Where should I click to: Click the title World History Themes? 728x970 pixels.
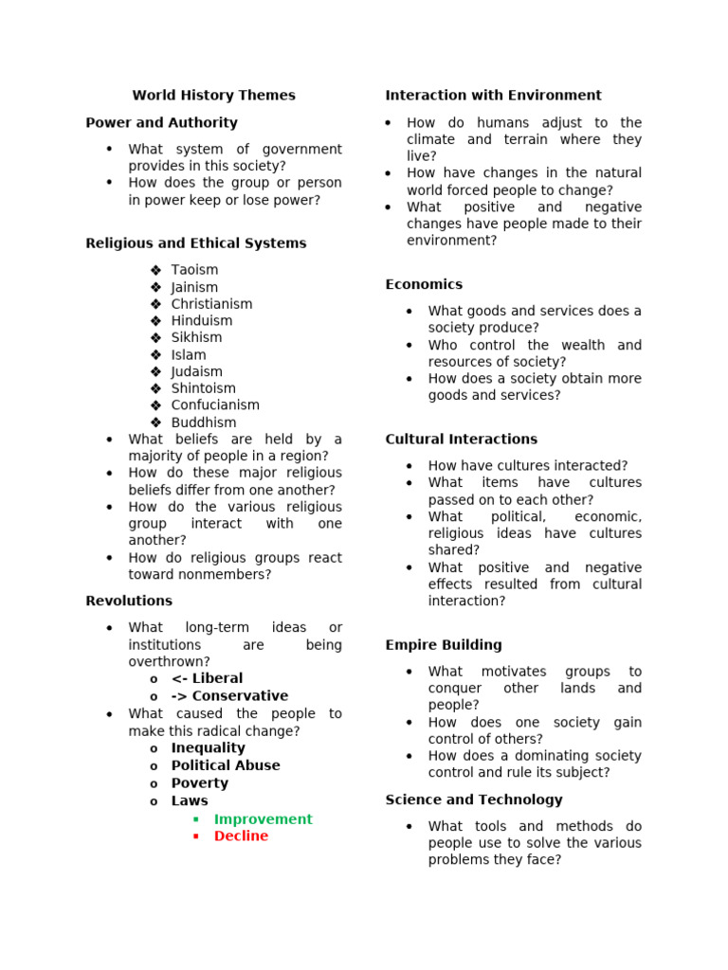point(213,96)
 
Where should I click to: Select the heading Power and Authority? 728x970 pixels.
point(161,123)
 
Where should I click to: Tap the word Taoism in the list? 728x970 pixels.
point(194,270)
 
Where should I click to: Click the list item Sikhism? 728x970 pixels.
point(196,338)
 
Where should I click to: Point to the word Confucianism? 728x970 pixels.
point(215,405)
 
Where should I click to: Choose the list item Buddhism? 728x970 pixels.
point(204,422)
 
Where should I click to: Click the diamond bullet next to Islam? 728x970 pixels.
point(155,355)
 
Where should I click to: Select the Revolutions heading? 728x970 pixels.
point(129,602)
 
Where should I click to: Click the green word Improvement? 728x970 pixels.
point(263,819)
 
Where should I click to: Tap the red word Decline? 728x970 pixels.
point(241,836)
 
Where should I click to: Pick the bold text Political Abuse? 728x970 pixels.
point(226,765)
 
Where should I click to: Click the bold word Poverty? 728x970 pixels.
point(200,783)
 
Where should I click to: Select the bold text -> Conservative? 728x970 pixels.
point(229,696)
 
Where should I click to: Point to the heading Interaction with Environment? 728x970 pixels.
point(493,96)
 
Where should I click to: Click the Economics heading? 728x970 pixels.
point(424,285)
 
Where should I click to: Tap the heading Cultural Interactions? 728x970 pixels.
point(461,440)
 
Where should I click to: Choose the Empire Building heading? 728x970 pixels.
point(444,645)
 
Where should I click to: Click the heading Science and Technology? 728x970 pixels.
point(474,800)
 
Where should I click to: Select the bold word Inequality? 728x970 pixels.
point(208,748)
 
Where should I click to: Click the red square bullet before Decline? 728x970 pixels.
point(195,836)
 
